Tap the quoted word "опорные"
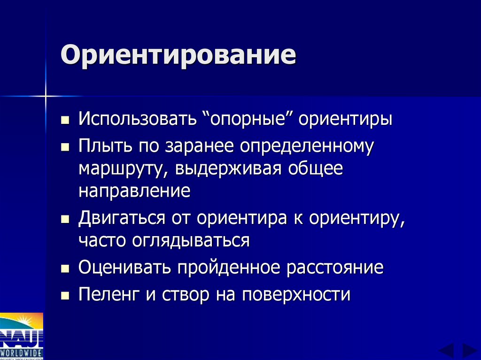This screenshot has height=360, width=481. click(x=249, y=119)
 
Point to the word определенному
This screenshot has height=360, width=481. click(x=307, y=146)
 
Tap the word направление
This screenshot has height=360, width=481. click(x=134, y=191)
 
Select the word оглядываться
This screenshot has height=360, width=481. click(x=194, y=241)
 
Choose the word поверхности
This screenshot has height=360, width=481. click(x=296, y=295)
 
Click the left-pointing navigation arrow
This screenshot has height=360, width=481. click(x=446, y=350)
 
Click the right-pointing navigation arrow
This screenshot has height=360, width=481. click(x=469, y=350)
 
